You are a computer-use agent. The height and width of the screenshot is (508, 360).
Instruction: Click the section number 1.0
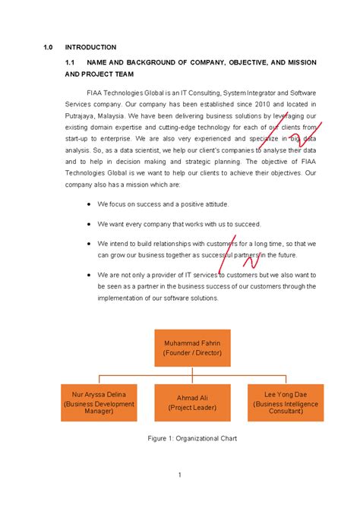(48, 47)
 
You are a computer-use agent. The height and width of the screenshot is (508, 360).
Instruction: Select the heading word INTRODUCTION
(90, 47)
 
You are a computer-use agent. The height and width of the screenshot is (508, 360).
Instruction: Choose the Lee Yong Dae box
(286, 403)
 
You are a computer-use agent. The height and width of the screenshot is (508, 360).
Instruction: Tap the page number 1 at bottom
(179, 475)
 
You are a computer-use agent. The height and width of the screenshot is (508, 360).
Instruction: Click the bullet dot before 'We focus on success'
(90, 205)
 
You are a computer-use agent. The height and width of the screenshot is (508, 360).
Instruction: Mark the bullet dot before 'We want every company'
(90, 224)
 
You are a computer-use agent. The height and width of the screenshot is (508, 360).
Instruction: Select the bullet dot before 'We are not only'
(90, 273)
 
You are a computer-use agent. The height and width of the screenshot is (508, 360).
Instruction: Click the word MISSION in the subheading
(298, 62)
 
